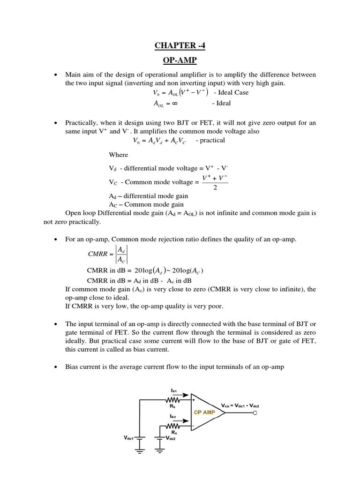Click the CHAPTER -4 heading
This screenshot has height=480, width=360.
[180, 45]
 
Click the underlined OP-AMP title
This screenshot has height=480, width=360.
[180, 60]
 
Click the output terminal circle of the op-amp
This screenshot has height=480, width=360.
[255, 413]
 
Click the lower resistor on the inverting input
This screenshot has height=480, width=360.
[174, 427]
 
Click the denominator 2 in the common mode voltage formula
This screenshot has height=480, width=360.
[215, 187]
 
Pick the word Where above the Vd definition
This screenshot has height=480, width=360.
[118, 155]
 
